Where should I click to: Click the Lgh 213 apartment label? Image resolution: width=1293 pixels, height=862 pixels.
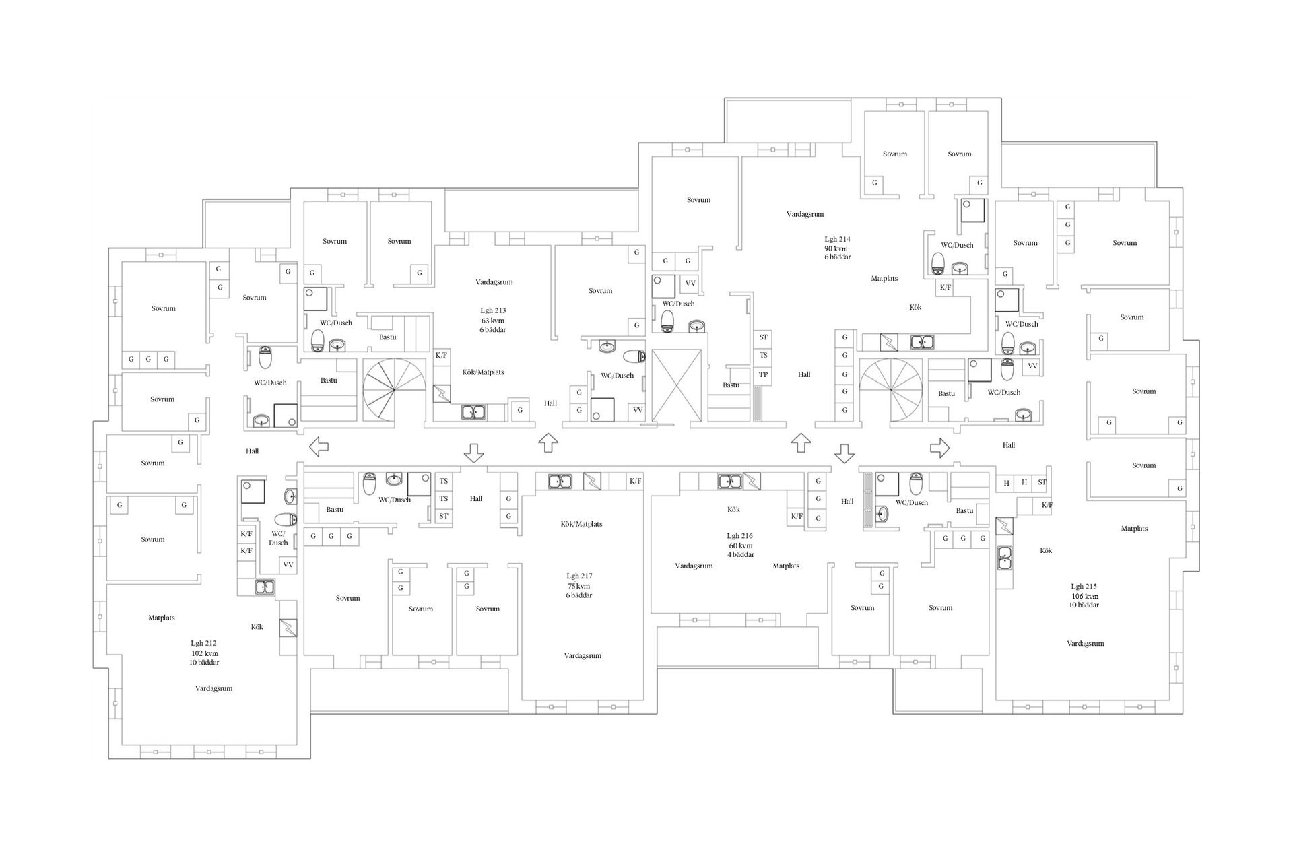[492, 310]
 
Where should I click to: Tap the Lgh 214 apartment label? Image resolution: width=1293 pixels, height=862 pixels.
[837, 239]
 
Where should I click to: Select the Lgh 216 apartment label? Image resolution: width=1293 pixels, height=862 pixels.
[739, 536]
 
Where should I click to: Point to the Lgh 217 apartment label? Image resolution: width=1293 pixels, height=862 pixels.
[579, 576]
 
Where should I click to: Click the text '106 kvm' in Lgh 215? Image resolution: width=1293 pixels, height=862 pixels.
[1085, 596]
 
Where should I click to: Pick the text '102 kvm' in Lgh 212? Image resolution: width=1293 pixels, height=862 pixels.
[204, 653]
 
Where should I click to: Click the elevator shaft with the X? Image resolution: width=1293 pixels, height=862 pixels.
[675, 386]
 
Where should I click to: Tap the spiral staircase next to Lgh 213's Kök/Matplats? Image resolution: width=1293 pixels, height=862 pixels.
[394, 391]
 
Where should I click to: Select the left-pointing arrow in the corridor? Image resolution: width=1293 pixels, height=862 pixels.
[318, 446]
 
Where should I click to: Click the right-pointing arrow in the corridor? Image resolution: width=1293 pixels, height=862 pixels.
[939, 447]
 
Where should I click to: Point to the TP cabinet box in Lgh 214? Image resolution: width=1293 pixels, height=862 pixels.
[763, 375]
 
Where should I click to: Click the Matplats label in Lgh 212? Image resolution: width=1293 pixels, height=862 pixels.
[162, 618]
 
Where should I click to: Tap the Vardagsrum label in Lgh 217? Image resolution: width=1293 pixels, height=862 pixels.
[583, 655]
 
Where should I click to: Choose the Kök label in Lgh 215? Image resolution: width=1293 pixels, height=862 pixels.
[1045, 550]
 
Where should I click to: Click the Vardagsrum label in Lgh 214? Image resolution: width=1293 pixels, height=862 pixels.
[805, 214]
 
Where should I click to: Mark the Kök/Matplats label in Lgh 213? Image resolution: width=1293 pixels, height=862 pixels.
[483, 372]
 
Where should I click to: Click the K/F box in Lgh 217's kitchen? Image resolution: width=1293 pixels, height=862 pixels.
[635, 481]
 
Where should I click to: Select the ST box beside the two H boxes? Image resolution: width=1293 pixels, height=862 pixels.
[1042, 482]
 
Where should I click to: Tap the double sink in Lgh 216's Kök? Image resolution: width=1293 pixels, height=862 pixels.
[729, 482]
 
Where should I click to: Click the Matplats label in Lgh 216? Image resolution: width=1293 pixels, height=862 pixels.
[785, 566]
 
